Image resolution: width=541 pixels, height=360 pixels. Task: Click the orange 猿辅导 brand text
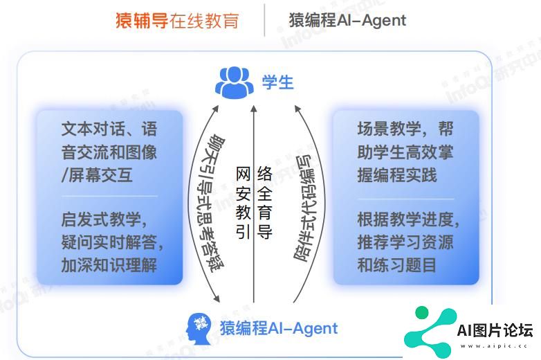click(144, 20)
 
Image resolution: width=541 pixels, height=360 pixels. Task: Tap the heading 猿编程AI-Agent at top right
click(347, 20)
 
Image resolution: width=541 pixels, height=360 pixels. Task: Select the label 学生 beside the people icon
click(277, 82)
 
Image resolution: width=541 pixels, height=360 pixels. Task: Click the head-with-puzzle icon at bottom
click(199, 328)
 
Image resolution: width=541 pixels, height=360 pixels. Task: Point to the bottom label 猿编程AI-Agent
click(278, 328)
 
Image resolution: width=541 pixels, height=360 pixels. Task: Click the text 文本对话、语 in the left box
click(109, 129)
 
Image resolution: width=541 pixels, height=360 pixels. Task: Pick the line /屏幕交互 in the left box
click(96, 175)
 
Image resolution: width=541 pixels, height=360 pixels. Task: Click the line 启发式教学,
click(104, 221)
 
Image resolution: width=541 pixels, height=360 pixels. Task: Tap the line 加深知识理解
click(109, 265)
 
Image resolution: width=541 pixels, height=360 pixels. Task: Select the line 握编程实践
click(396, 175)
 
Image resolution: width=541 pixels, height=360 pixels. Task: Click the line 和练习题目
click(396, 265)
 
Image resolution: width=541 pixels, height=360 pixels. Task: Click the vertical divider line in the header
click(264, 20)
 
